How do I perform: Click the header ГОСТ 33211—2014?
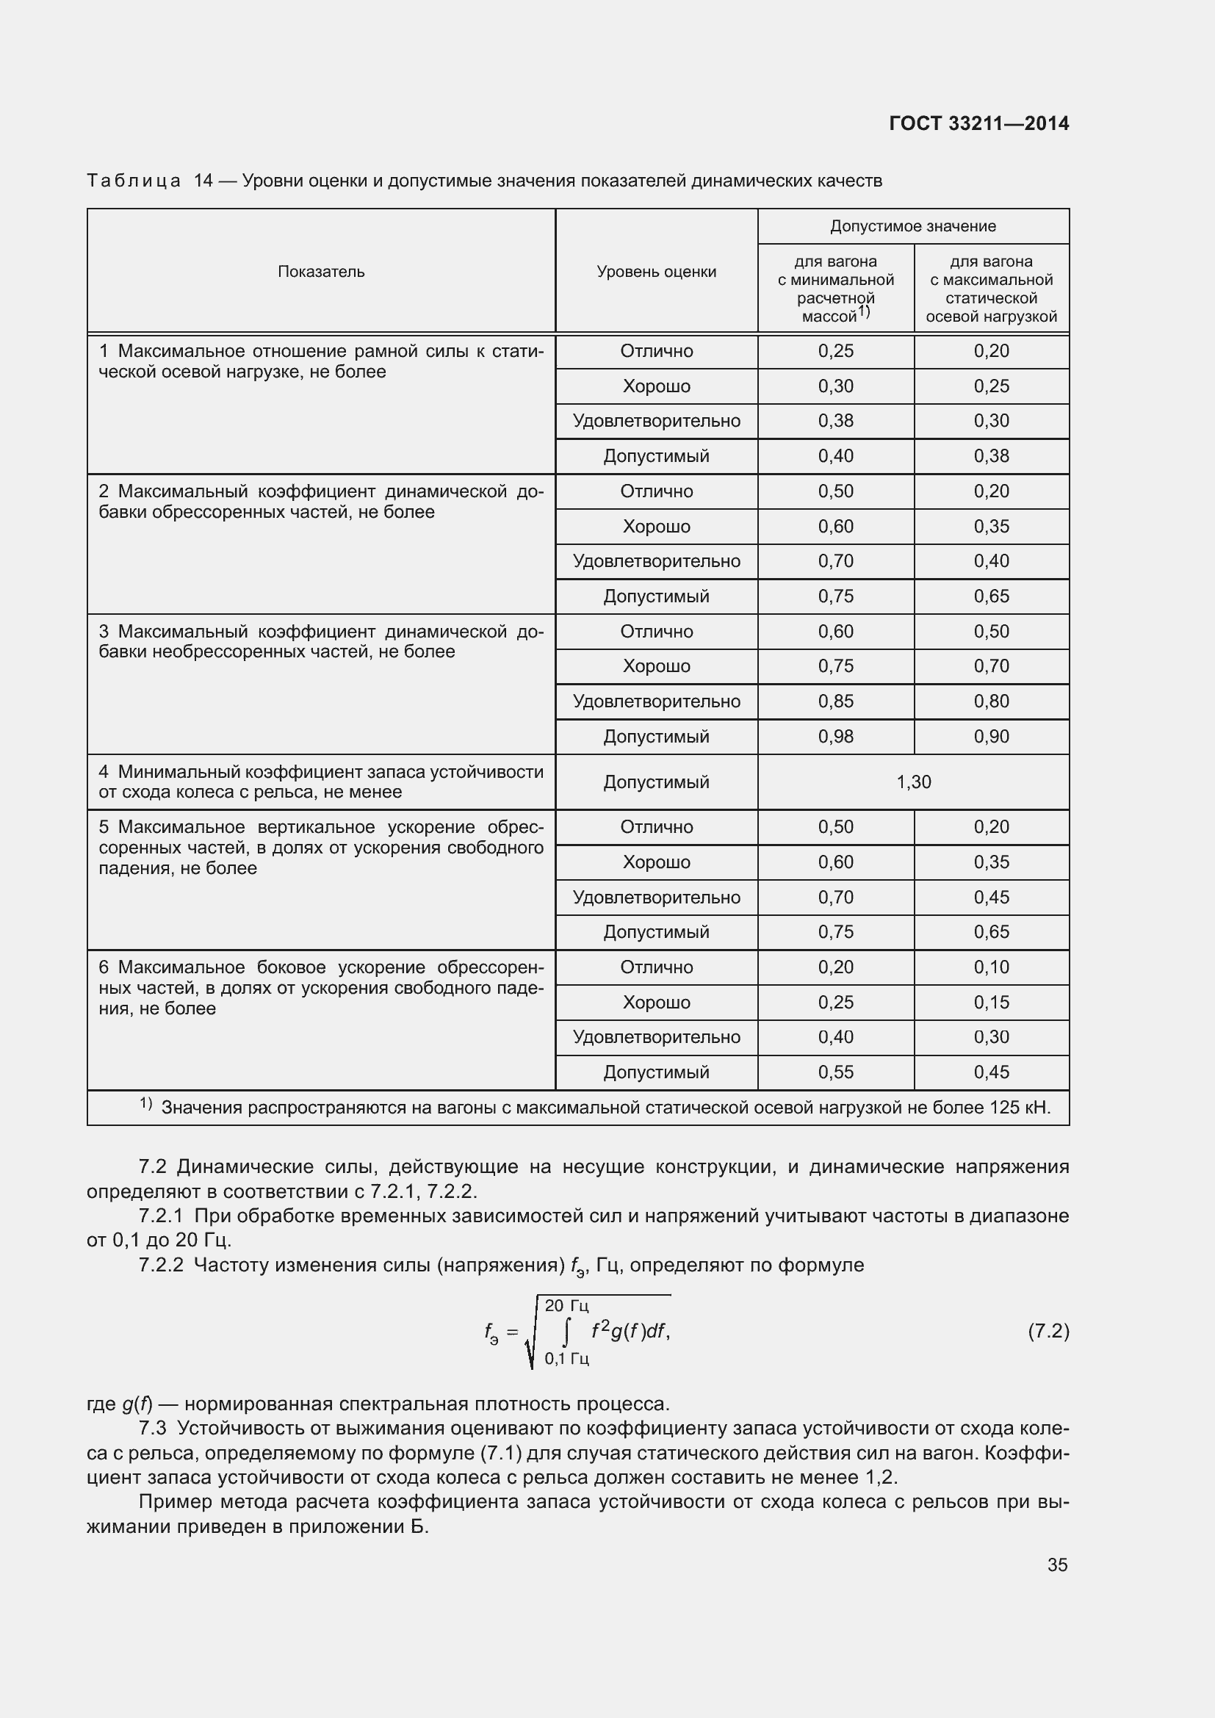978,123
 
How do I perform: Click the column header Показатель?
321,272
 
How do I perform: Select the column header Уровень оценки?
656,272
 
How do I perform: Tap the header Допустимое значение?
913,226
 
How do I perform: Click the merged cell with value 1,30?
914,782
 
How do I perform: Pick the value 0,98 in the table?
836,736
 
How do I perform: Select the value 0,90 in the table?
991,736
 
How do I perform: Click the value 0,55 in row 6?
836,1072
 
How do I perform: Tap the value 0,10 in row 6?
991,967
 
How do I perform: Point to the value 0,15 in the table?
991,1002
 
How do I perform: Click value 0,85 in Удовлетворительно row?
836,701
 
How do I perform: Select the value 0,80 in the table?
991,701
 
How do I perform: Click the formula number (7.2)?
1048,1331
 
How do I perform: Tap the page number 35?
1057,1564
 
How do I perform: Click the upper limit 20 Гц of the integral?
566,1306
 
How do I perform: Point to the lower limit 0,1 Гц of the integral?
566,1358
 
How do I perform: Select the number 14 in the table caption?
203,181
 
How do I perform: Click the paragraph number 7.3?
153,1428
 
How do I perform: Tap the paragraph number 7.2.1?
161,1216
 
